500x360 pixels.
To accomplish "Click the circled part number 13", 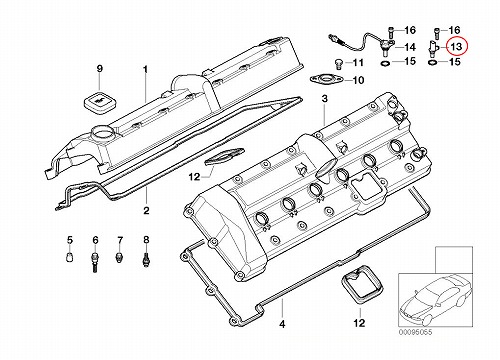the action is coord(456,46).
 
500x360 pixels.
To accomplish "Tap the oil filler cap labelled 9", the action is coord(97,100).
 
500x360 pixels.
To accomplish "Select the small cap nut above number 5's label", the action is coord(70,257).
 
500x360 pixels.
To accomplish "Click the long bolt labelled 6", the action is coord(95,263).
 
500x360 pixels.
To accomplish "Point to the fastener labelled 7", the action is coord(119,258).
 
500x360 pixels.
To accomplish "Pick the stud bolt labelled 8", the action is coord(146,260).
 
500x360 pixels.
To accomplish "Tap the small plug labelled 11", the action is coord(338,64).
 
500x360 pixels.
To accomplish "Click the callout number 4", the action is coord(282,324).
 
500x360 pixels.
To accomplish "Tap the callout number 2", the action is coord(146,210).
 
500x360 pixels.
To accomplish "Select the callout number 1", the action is coord(145,70).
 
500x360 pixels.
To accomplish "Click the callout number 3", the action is coord(325,99).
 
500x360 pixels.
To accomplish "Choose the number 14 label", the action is coord(410,47).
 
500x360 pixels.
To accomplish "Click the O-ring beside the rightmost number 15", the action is coord(432,62).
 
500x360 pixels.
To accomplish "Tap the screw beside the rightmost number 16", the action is coord(436,33).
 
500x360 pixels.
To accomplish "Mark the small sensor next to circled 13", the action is coord(433,49).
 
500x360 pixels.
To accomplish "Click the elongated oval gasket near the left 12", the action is coord(223,156).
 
